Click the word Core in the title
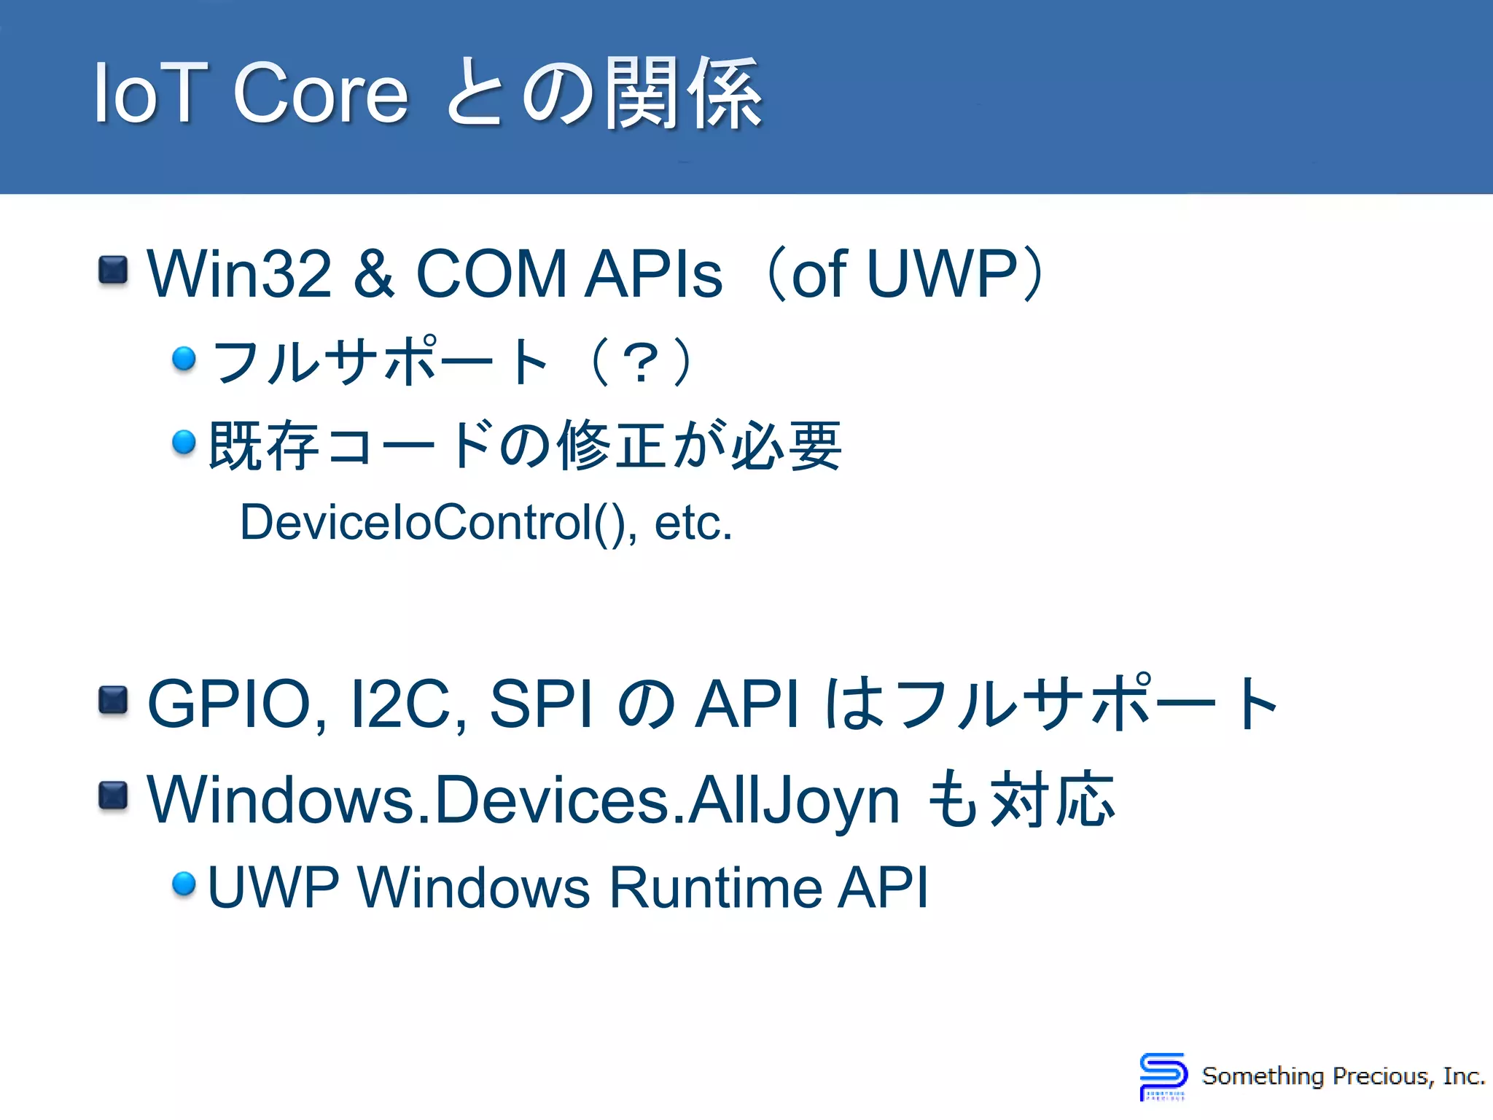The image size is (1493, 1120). (320, 93)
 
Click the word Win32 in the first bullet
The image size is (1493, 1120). (239, 274)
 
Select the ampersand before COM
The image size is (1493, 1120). (374, 274)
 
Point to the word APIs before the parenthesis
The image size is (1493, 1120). (654, 274)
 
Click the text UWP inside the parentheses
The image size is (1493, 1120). (942, 274)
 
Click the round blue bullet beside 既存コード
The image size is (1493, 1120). (184, 442)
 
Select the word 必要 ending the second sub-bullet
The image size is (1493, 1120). (787, 446)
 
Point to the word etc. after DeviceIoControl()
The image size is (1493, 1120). (693, 523)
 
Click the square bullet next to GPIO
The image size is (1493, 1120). (113, 700)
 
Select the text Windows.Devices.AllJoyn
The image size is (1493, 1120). (523, 801)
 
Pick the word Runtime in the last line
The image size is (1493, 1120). (715, 887)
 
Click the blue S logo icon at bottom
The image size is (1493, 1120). (1162, 1076)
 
